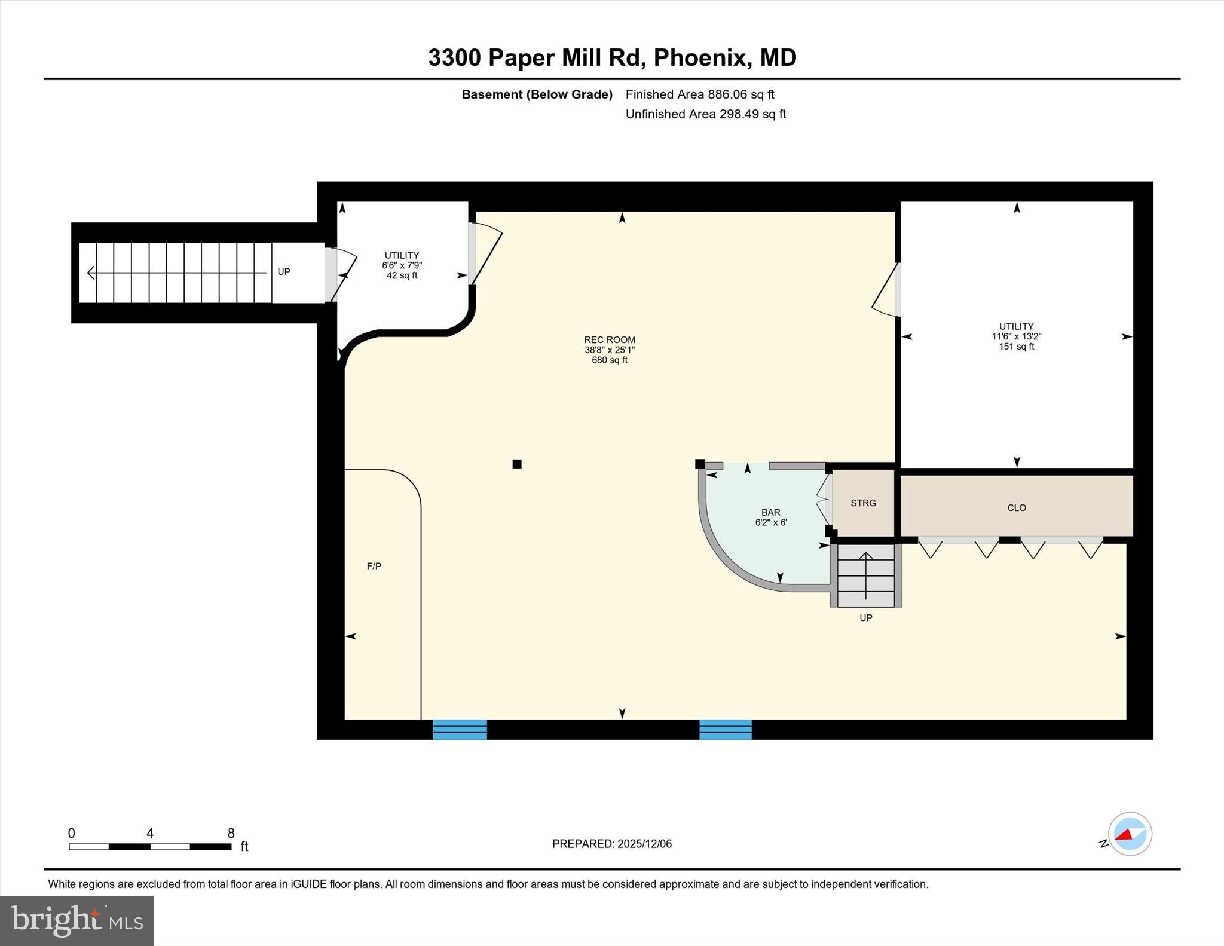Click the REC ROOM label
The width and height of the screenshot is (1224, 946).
(x=609, y=339)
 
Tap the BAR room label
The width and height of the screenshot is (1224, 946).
(x=770, y=512)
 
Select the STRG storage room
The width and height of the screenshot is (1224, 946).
(x=863, y=503)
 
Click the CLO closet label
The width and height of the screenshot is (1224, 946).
(x=1016, y=507)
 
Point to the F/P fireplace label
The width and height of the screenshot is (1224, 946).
(x=374, y=566)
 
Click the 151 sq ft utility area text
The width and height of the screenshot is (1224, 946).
(x=1016, y=347)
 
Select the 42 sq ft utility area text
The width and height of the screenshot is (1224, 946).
(x=402, y=275)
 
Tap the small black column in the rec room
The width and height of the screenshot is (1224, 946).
(x=517, y=464)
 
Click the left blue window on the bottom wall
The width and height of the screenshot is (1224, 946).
(x=460, y=730)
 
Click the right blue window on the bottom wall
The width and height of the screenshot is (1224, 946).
(x=725, y=730)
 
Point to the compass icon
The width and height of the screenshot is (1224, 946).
(x=1129, y=834)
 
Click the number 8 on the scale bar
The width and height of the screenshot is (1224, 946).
(x=231, y=833)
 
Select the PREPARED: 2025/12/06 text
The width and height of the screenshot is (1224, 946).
(x=611, y=844)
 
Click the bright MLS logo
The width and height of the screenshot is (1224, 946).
(x=76, y=920)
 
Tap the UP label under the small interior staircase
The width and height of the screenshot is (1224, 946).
(x=865, y=618)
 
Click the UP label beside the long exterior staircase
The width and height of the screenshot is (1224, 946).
(x=284, y=271)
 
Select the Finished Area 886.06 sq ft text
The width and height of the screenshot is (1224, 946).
(x=699, y=94)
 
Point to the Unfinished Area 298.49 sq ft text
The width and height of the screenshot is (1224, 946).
(x=705, y=114)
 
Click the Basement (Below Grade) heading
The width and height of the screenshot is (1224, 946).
(x=537, y=94)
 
